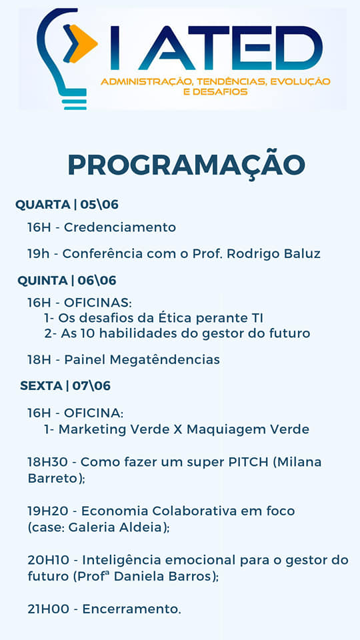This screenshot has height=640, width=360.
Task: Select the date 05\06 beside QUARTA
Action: [x=99, y=205]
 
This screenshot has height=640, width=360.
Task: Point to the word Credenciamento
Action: [x=120, y=227]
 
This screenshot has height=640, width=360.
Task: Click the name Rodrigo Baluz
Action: [x=273, y=254]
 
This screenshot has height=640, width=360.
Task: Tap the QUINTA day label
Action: [x=43, y=281]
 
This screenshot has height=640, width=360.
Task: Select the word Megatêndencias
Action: [x=165, y=359]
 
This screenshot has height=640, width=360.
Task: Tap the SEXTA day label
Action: [x=41, y=386]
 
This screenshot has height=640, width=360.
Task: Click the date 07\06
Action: [x=91, y=386]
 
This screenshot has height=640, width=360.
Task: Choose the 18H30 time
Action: [x=50, y=462]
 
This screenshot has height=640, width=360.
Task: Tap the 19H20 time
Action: [x=50, y=511]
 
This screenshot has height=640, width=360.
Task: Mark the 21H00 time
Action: [x=49, y=609]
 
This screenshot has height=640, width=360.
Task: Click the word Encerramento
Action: [x=132, y=609]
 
